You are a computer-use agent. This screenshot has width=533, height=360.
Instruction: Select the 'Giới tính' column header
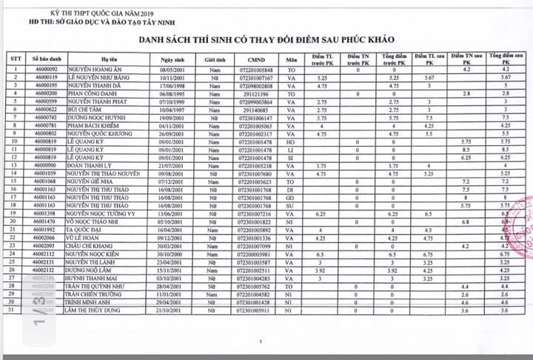[215, 58]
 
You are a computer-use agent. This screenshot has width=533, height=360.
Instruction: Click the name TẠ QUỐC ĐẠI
[86, 229]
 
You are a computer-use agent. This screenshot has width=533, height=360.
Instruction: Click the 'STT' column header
[15, 58]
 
